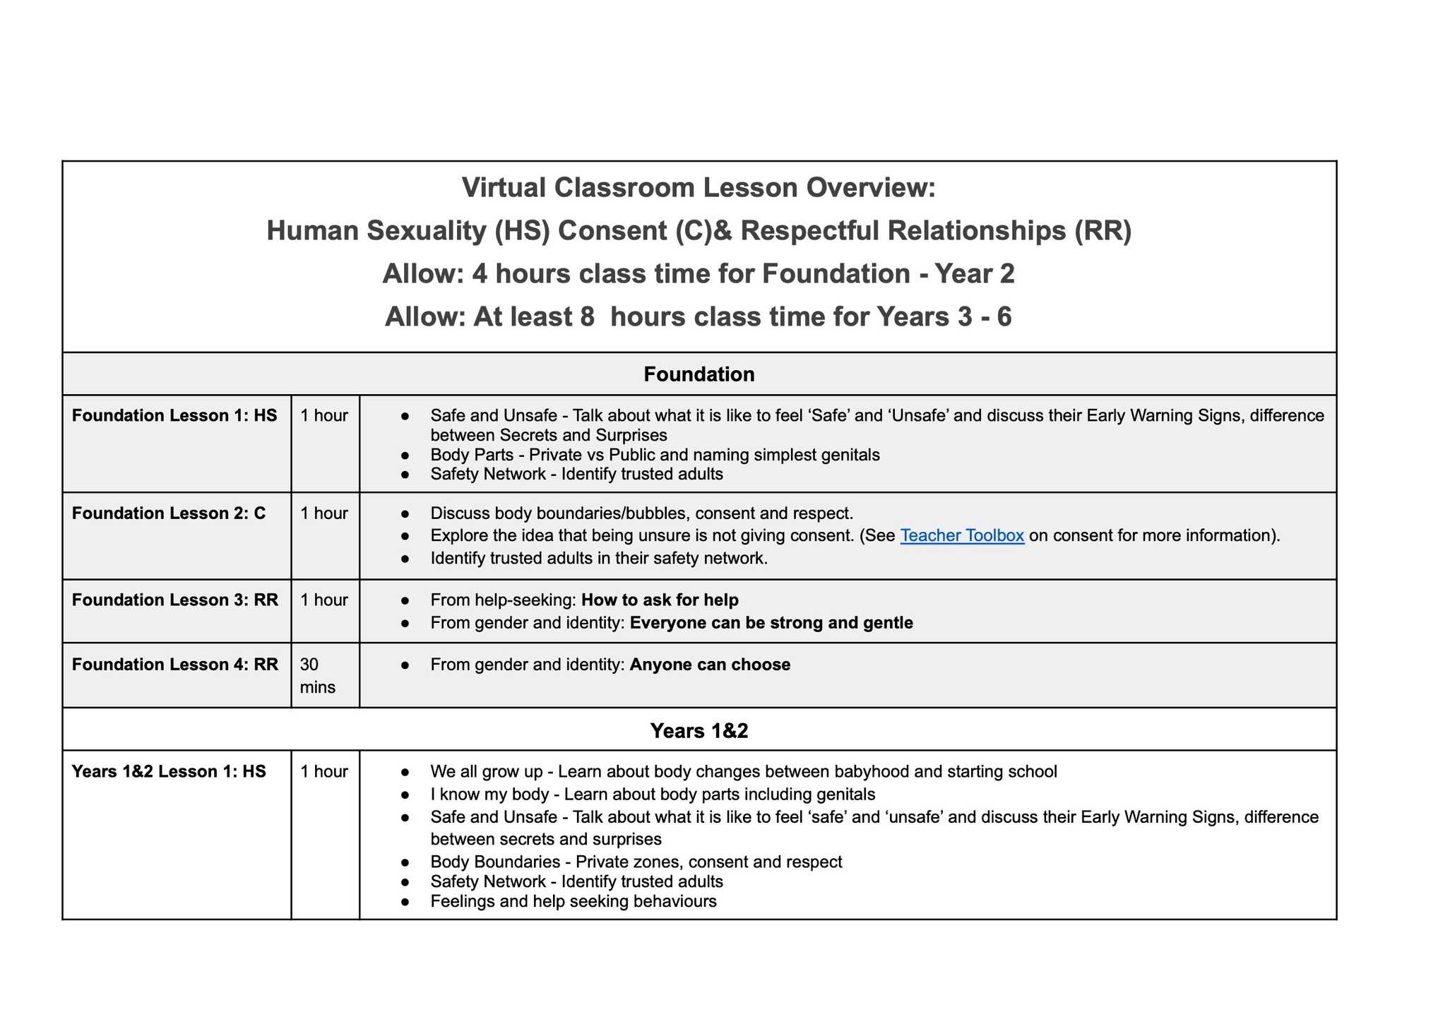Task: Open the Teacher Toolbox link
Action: (962, 535)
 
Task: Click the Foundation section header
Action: (699, 374)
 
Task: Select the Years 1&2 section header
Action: (699, 730)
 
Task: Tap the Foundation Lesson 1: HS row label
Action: (174, 415)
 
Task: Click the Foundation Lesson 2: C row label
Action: (169, 513)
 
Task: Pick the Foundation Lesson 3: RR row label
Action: (175, 600)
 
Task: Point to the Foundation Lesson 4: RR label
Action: (175, 665)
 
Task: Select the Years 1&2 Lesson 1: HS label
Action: (169, 771)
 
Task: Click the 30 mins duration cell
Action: (317, 675)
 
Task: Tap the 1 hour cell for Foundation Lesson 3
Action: (324, 600)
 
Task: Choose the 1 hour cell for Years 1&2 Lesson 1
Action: (324, 771)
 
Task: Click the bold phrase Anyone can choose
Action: (710, 665)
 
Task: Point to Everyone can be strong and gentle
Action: (771, 623)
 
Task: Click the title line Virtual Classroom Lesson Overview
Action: (699, 188)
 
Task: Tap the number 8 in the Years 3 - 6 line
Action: (587, 317)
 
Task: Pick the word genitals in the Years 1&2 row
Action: (845, 795)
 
